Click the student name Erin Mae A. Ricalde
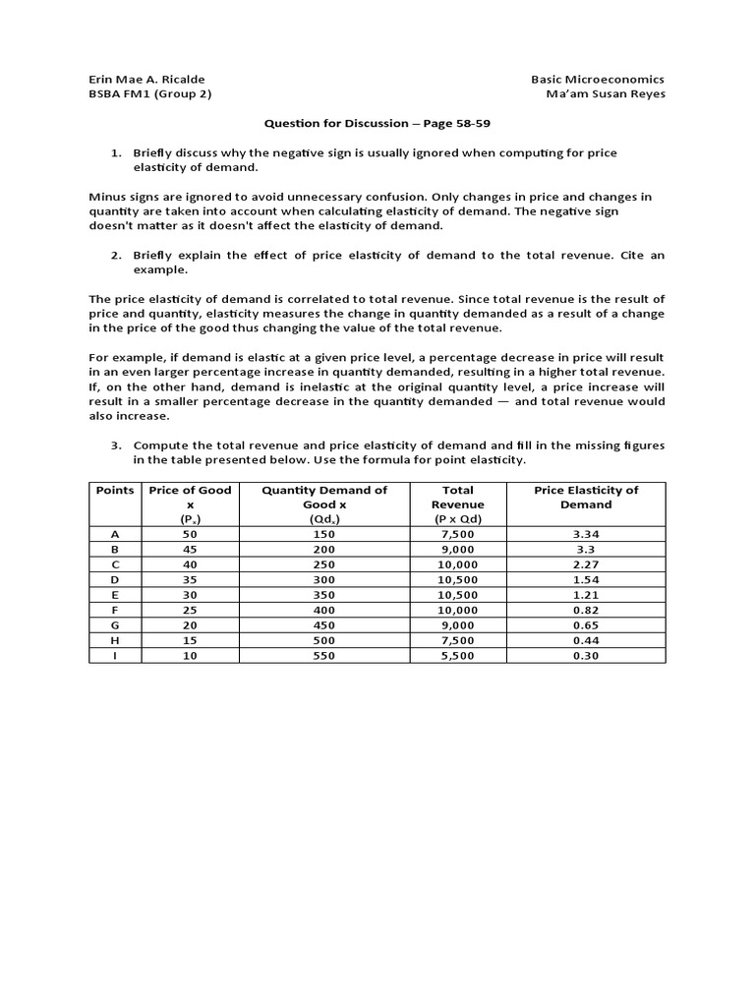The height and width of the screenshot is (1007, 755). [147, 79]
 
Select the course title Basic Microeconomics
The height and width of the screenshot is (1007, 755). [598, 79]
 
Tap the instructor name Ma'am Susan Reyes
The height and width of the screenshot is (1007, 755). [606, 94]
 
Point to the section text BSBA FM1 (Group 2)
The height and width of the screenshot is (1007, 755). [150, 94]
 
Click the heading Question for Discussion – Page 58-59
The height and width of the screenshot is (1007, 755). [377, 123]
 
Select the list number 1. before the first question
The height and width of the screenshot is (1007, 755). [116, 152]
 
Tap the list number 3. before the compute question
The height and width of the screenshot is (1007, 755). [116, 445]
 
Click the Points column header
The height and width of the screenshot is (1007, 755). [115, 490]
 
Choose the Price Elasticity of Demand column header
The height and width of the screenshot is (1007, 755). [585, 497]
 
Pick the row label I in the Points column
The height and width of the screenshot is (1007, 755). [115, 655]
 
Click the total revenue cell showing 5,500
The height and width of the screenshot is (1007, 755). [458, 655]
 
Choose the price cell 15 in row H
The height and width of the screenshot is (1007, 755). [188, 640]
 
